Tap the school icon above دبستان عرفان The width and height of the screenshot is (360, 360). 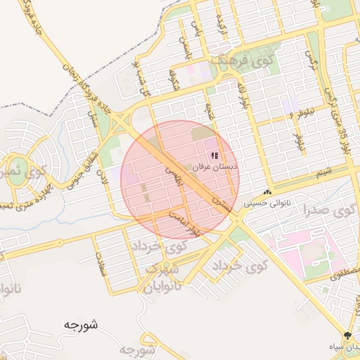[214, 155]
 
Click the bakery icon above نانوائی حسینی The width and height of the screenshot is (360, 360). [267, 193]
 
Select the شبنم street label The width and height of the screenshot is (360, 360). [323, 172]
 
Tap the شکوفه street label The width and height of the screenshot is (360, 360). [172, 81]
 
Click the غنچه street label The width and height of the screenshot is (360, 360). [209, 111]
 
